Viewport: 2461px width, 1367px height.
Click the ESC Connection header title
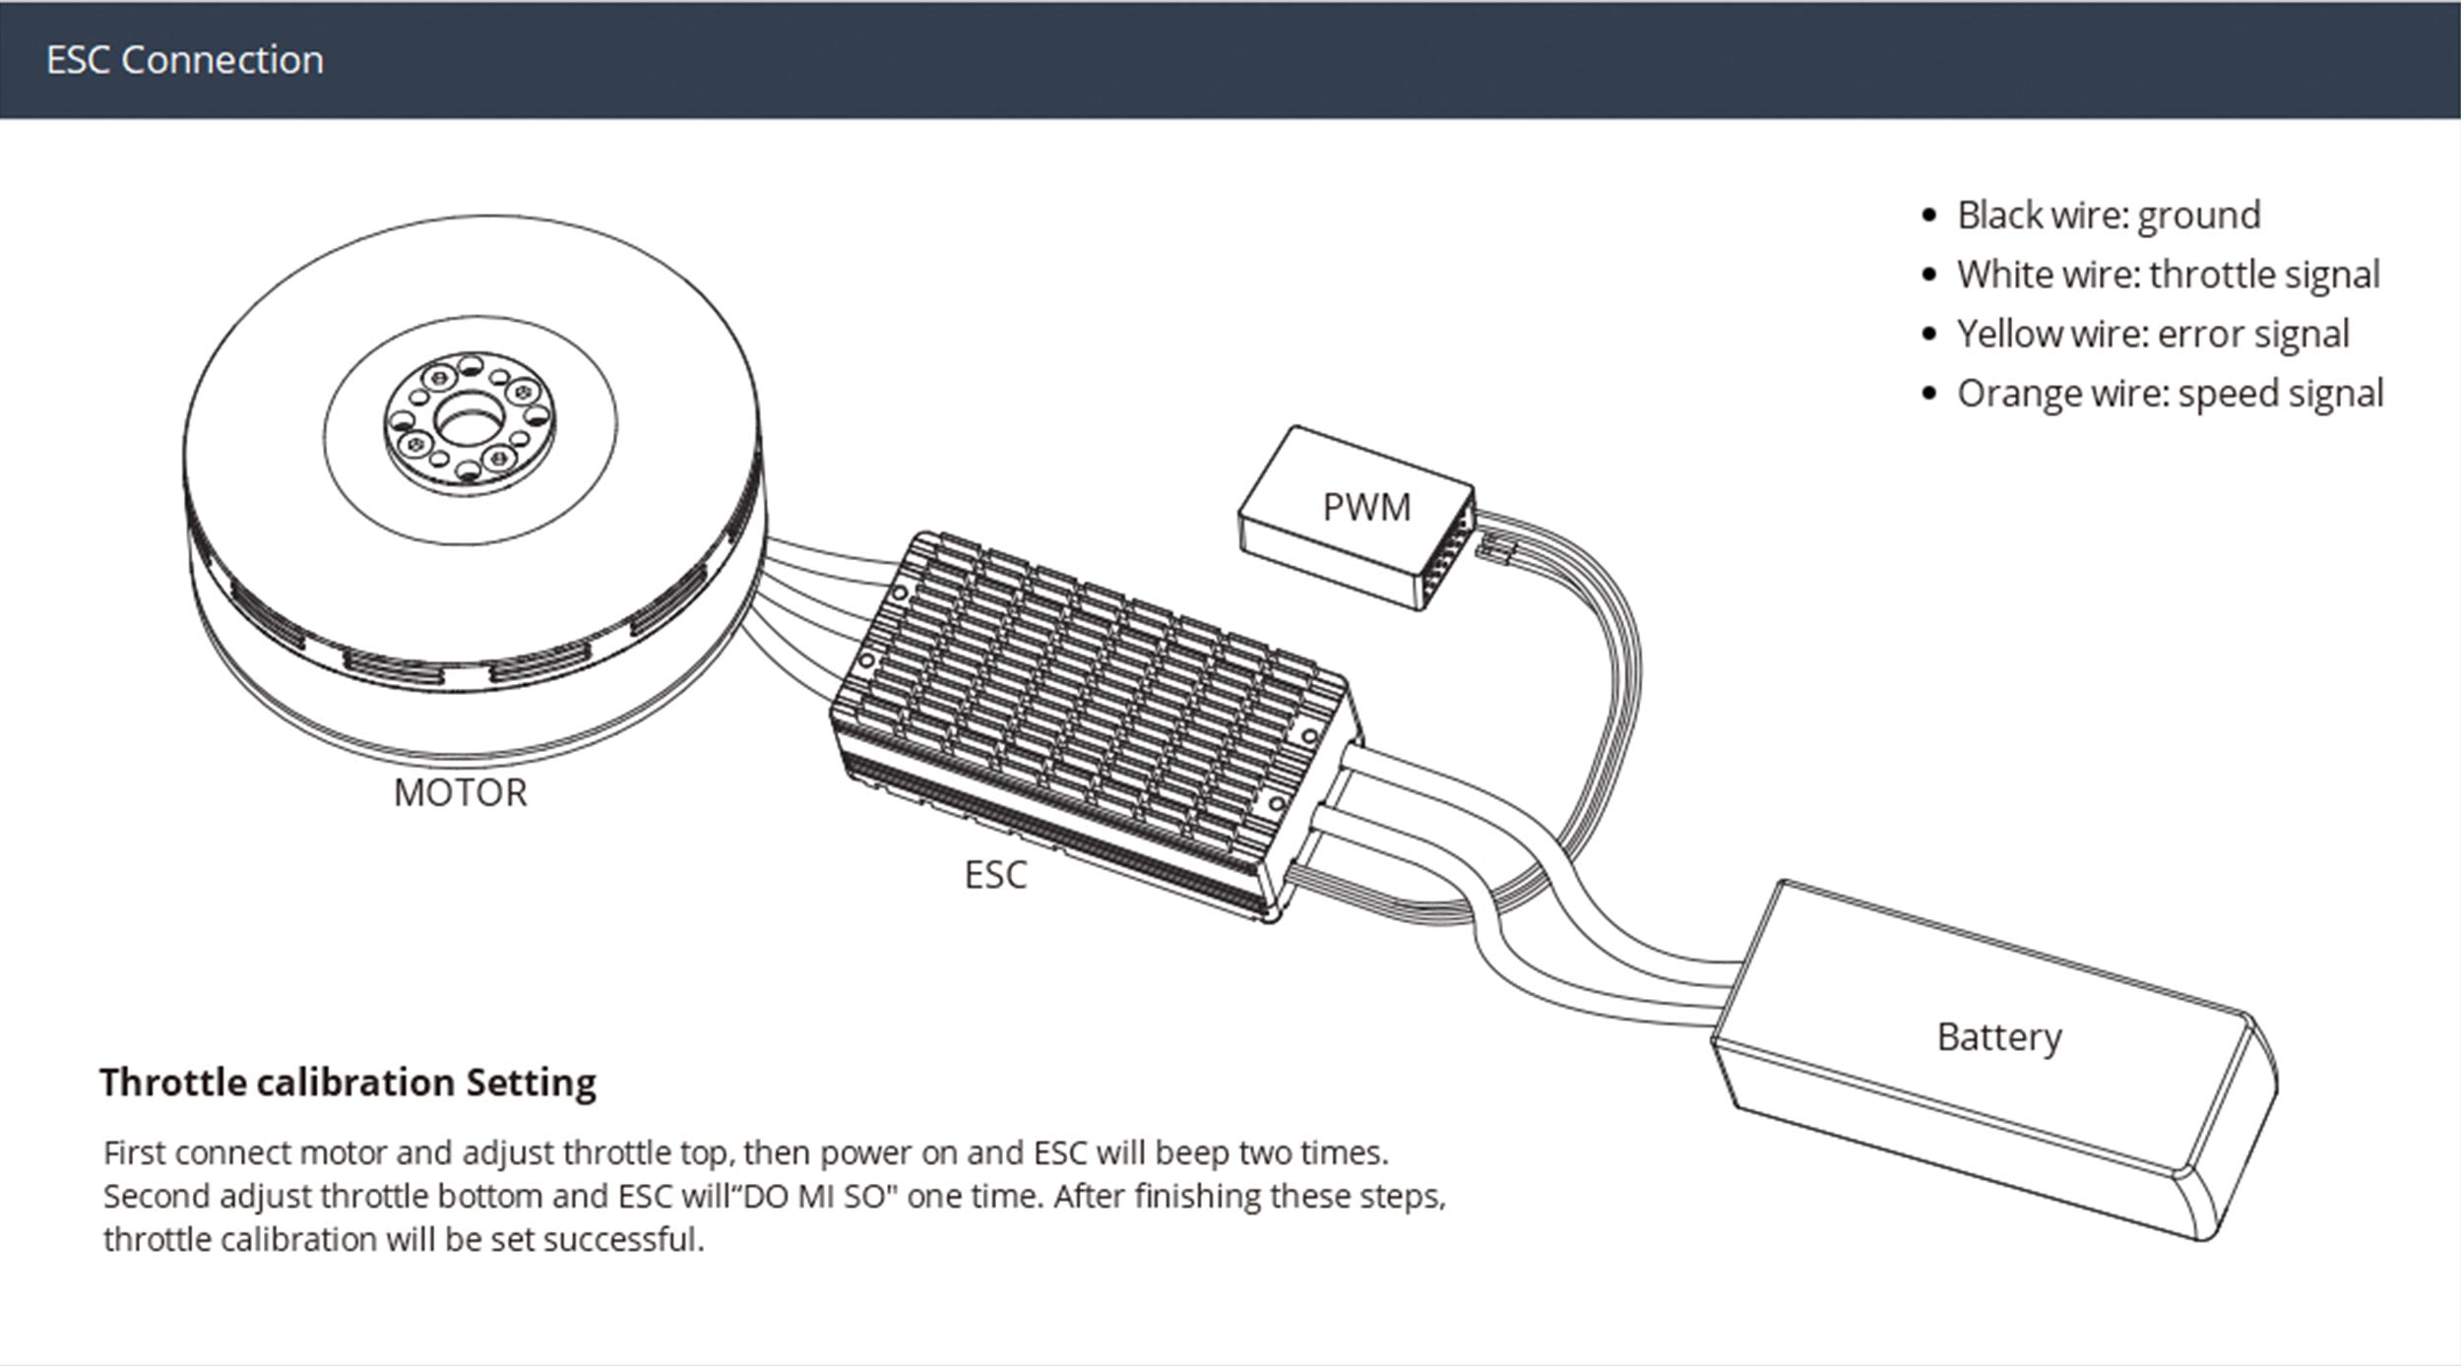pos(184,60)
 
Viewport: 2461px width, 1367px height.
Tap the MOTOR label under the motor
pos(460,792)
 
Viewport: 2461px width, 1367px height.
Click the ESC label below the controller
pos(995,874)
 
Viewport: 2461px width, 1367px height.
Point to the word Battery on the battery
pos(1998,1036)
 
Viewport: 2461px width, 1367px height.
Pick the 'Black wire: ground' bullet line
pos(2108,215)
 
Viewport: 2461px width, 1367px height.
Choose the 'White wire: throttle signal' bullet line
pos(2168,274)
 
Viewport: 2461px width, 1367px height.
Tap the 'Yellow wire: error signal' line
pos(2152,334)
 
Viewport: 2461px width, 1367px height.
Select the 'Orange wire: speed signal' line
pos(2170,393)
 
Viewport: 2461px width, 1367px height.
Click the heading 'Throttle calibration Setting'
pos(347,1082)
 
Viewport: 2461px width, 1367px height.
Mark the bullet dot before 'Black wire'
pos(1928,216)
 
